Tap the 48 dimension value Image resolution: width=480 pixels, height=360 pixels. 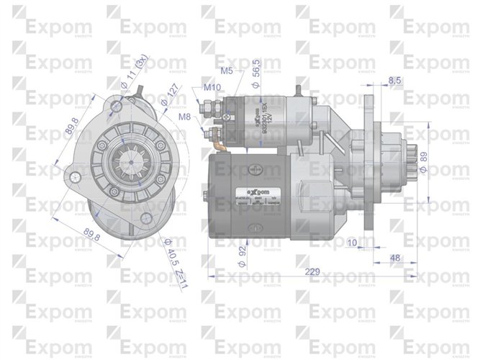(396, 257)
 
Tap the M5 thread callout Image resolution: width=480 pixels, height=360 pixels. (227, 71)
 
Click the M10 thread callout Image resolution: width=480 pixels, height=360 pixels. (212, 88)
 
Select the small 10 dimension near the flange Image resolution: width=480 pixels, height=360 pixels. (351, 242)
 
